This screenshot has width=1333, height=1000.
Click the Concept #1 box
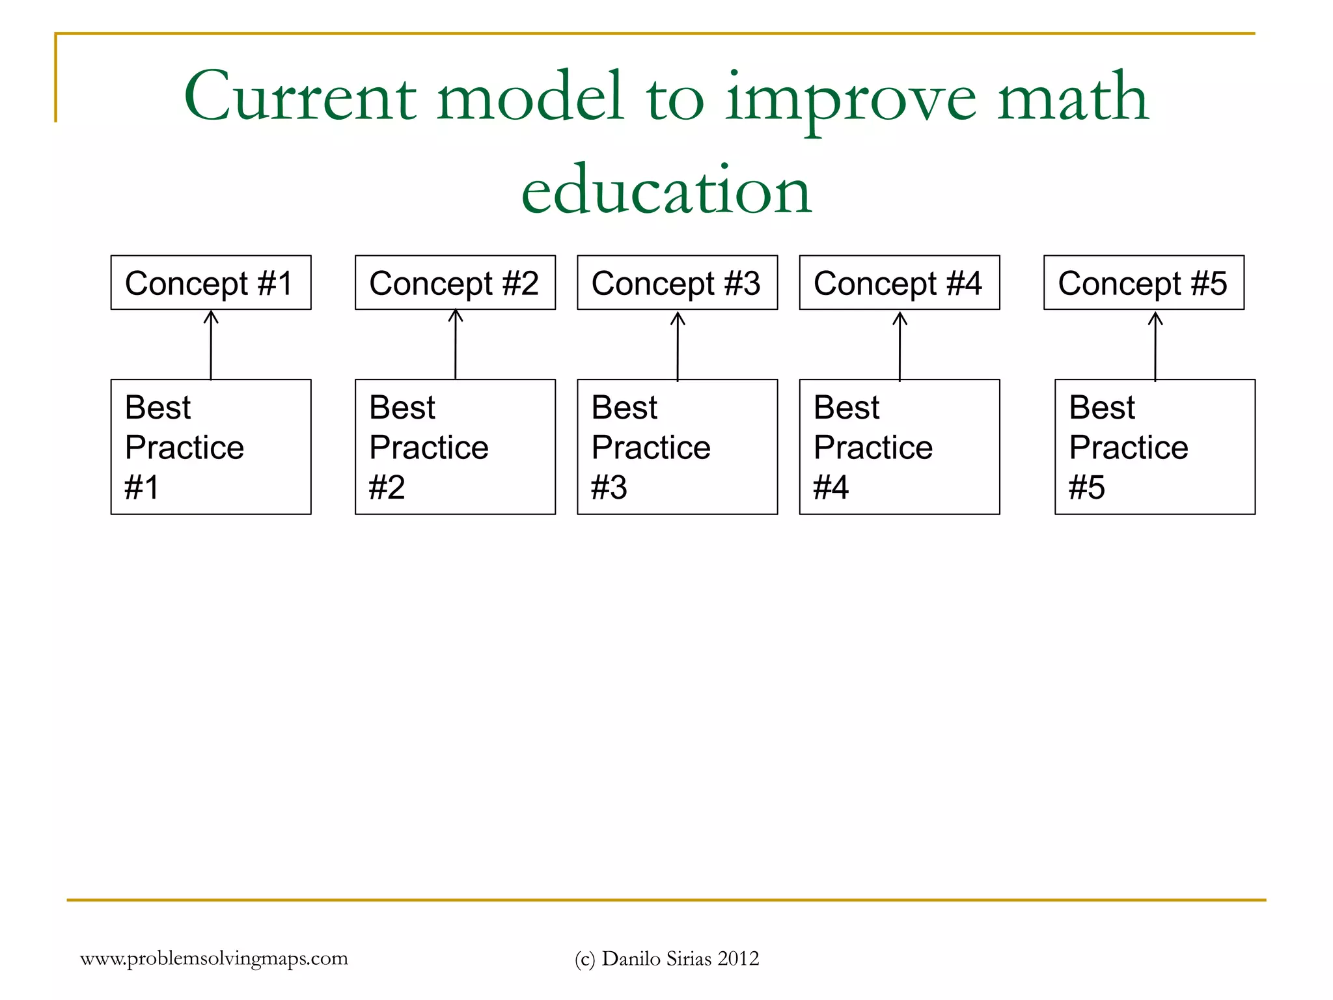tap(211, 283)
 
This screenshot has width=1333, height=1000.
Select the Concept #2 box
tap(455, 283)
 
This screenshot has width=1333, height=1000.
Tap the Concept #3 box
tap(677, 283)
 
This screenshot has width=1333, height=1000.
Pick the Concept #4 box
tap(899, 283)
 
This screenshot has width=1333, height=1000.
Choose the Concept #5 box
tap(1144, 283)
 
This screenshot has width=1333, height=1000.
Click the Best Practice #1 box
tap(211, 447)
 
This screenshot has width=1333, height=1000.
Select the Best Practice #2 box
tap(455, 447)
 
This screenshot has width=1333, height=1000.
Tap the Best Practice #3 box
tap(677, 447)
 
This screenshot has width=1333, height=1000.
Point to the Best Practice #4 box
tap(899, 447)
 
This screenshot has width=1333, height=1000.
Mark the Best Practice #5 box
tap(1155, 447)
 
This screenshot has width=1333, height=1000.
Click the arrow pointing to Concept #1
tap(211, 345)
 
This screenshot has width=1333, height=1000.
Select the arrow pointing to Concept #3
tap(678, 346)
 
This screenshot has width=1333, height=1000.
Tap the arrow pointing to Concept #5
tap(1155, 346)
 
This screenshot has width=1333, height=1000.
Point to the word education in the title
tap(666, 190)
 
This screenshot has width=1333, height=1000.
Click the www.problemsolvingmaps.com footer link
tap(214, 958)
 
